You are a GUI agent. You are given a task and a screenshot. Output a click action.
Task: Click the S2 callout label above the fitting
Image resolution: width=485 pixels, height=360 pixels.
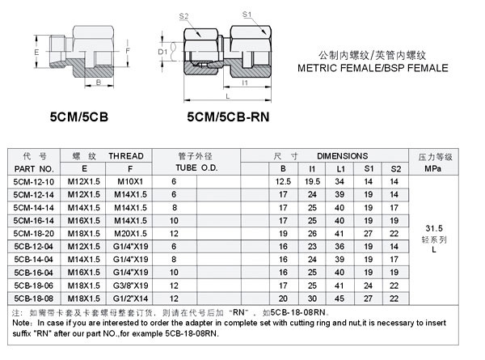point(183,16)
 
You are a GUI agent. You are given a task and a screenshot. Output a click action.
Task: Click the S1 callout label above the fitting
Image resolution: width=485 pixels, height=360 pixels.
point(247,15)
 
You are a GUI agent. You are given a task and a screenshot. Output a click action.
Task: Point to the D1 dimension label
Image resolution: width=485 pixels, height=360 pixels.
point(162,52)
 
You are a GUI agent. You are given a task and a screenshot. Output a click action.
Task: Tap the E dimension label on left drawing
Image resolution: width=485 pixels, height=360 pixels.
point(36,52)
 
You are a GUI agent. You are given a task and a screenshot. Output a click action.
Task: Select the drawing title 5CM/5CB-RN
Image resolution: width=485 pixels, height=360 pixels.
point(228,116)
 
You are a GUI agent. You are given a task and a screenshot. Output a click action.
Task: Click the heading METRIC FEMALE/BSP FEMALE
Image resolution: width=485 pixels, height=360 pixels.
point(373,68)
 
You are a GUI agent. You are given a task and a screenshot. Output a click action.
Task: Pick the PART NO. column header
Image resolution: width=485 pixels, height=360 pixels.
point(34,169)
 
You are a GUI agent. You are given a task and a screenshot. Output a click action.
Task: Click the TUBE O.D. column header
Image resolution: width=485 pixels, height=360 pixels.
point(196,167)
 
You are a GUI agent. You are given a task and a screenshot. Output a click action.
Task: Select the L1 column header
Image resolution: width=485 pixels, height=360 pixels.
point(340,169)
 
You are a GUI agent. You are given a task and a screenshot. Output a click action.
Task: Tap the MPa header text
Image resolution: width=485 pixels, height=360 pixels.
point(432,169)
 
